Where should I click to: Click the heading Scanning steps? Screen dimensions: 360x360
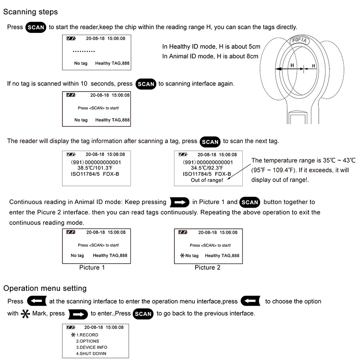[30, 12]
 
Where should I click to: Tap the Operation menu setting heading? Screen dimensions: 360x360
[45, 288]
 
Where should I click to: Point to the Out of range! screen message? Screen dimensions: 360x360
[207, 180]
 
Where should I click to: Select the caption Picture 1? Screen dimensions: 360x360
[92, 268]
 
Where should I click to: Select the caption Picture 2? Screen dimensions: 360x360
[208, 268]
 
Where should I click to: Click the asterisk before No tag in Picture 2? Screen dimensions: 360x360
[182, 255]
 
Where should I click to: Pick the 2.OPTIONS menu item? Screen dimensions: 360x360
[88, 341]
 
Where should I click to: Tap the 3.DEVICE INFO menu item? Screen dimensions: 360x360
[92, 347]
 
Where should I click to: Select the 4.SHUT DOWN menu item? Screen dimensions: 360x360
[91, 354]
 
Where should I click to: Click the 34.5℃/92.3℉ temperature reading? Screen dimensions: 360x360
[207, 168]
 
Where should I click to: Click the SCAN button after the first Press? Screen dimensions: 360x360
[36, 28]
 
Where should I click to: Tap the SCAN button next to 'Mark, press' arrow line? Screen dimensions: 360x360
[143, 314]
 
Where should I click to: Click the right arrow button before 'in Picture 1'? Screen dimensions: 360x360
[179, 202]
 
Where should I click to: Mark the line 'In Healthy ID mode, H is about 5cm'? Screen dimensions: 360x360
[211, 47]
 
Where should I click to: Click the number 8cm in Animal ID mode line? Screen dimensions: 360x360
[252, 56]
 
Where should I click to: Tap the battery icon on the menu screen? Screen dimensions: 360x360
[71, 327]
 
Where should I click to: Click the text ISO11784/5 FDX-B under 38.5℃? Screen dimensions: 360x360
[95, 174]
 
